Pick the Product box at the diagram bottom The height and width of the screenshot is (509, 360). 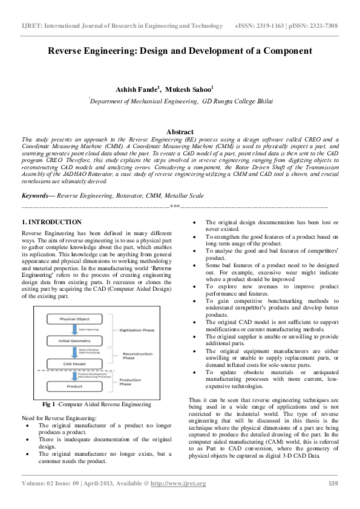click(75, 386)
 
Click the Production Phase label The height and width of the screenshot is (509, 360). click(130, 381)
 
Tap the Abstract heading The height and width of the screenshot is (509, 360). click(180, 132)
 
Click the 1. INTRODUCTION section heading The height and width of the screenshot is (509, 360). click(51, 222)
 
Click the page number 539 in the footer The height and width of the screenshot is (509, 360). click(332, 483)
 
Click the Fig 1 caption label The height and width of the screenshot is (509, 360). click(49, 404)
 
